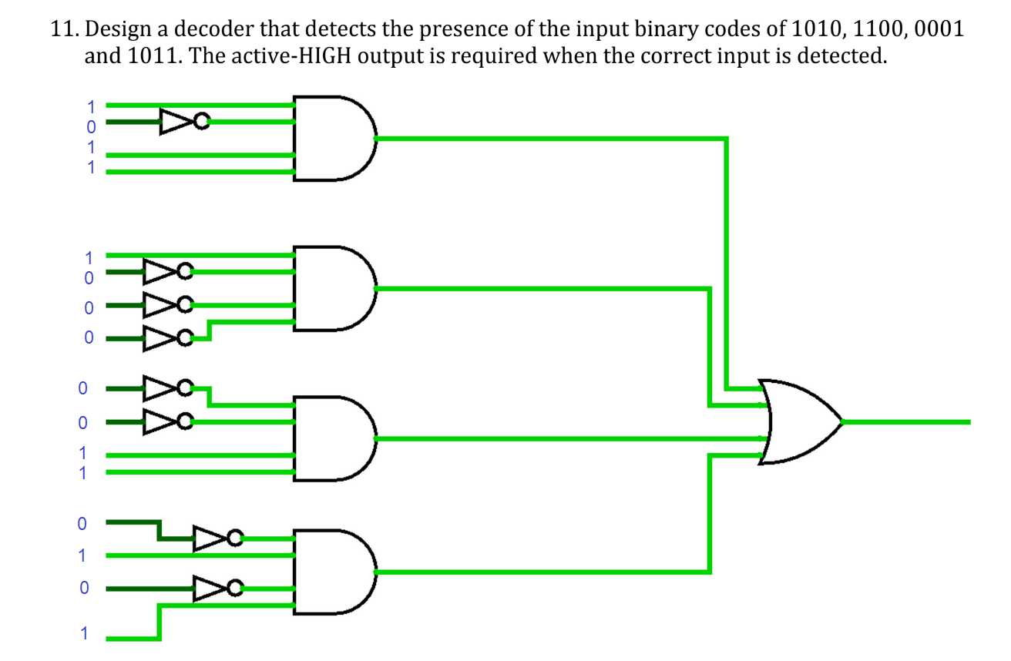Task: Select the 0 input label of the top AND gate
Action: tap(90, 124)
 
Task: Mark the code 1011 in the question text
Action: tap(149, 58)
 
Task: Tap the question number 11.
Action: tap(64, 31)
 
